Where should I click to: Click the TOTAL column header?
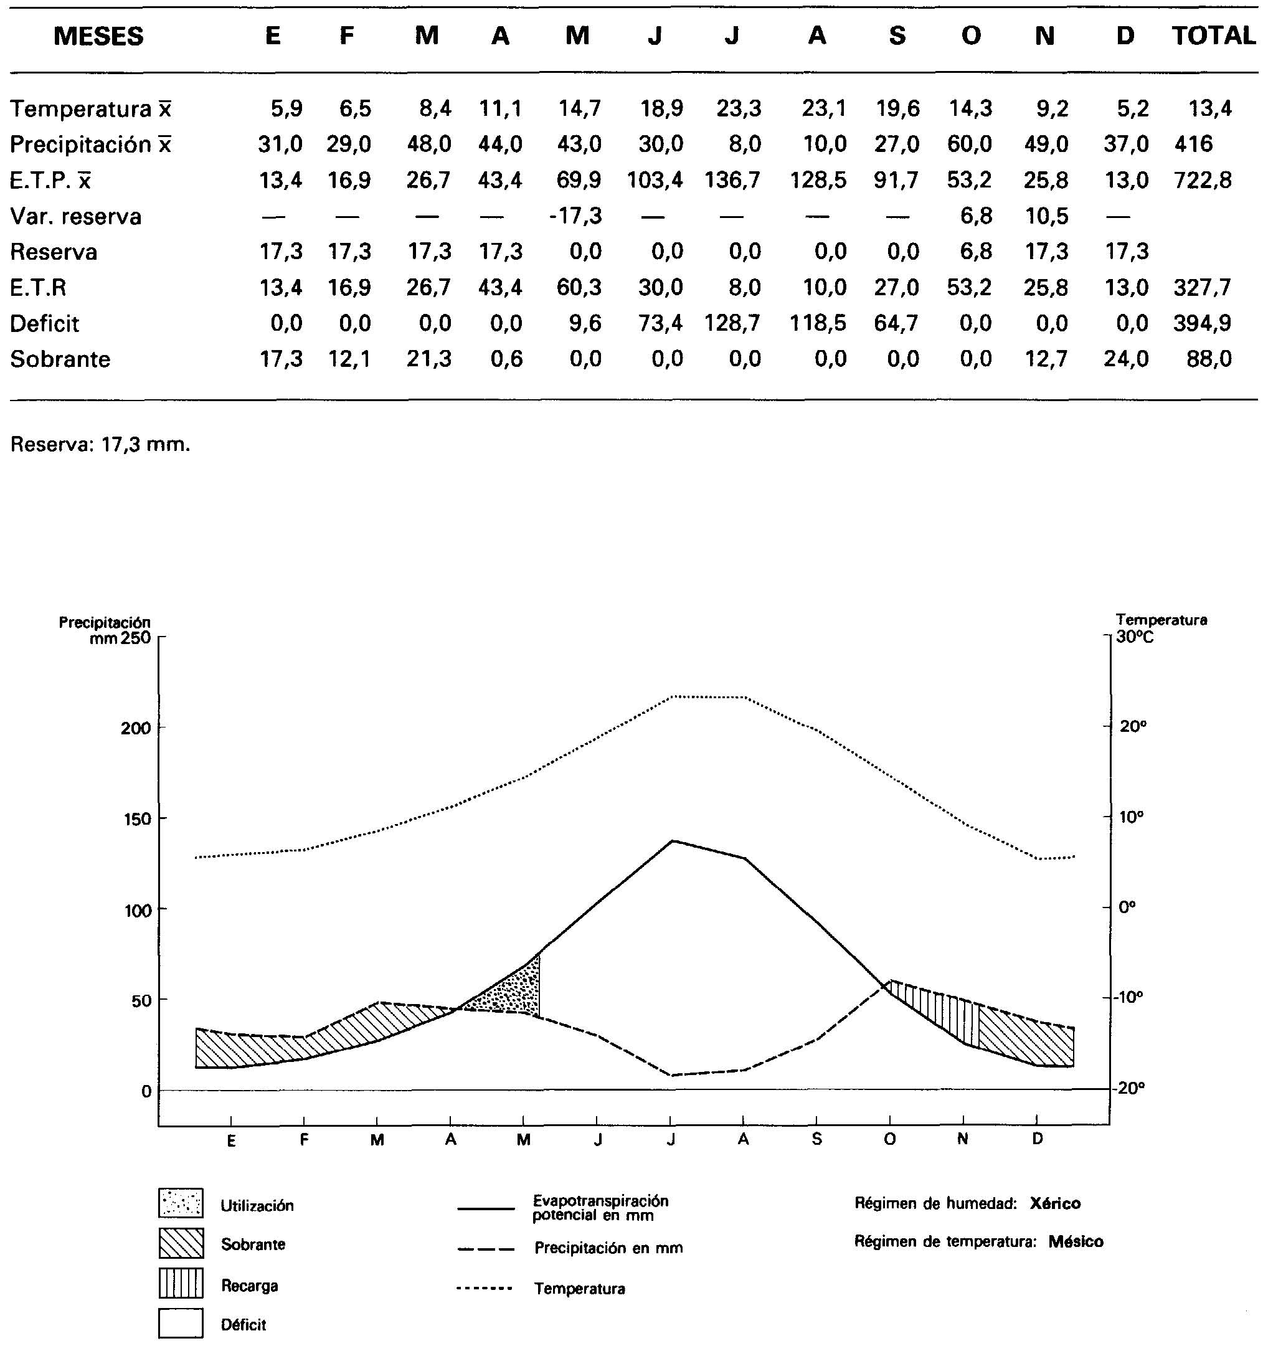pyautogui.click(x=1213, y=36)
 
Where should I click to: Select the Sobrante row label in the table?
pyautogui.click(x=60, y=359)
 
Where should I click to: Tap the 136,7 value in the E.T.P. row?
pyautogui.click(x=732, y=180)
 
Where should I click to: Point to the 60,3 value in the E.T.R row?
pyautogui.click(x=579, y=288)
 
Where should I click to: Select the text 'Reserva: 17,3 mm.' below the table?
pyautogui.click(x=100, y=445)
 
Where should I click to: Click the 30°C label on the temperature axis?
pyautogui.click(x=1135, y=637)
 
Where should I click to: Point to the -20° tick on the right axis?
pyautogui.click(x=1131, y=1089)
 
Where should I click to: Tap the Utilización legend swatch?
pyautogui.click(x=181, y=1203)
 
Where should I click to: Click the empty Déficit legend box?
pyautogui.click(x=181, y=1323)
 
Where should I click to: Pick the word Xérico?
pyautogui.click(x=1054, y=1204)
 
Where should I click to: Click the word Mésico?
pyautogui.click(x=1076, y=1242)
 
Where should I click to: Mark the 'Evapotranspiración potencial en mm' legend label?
pyautogui.click(x=600, y=1208)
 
